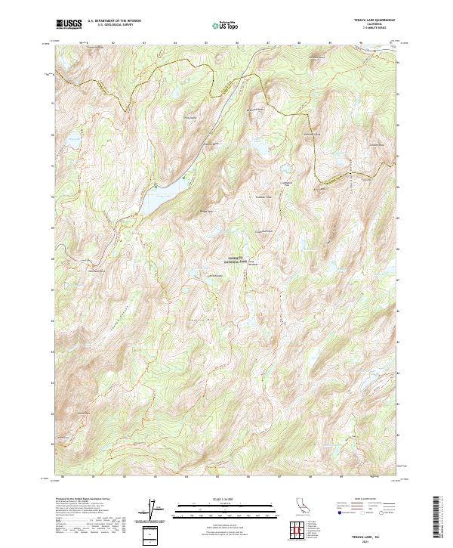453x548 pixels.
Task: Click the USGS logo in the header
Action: [x=69, y=24]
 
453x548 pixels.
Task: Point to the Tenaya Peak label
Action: [x=207, y=211]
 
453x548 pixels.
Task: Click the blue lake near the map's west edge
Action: [x=74, y=140]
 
